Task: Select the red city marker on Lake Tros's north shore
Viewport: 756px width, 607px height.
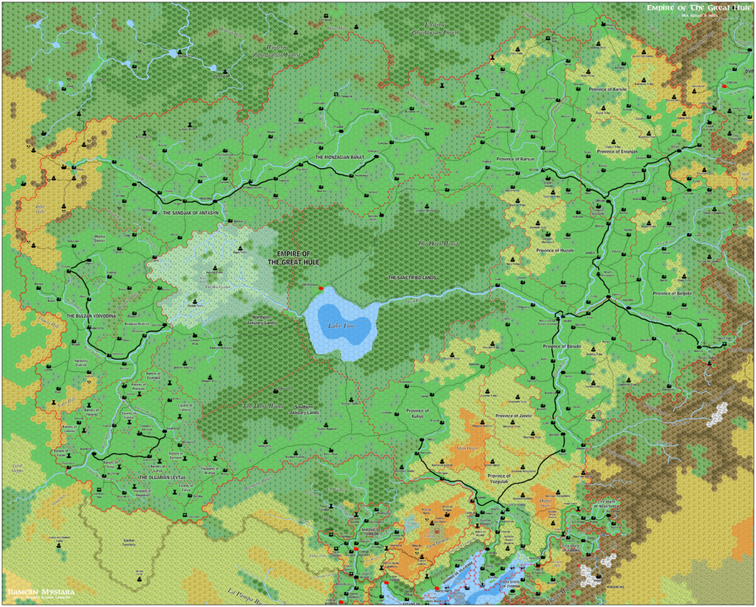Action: (320, 287)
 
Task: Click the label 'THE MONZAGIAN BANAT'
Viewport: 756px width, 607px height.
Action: (340, 158)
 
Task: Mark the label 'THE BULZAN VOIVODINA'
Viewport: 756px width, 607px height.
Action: (92, 316)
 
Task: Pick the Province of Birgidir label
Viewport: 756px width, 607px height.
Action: (673, 294)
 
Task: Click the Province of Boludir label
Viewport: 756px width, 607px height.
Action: (563, 346)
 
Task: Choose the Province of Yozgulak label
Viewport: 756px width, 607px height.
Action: (499, 479)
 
